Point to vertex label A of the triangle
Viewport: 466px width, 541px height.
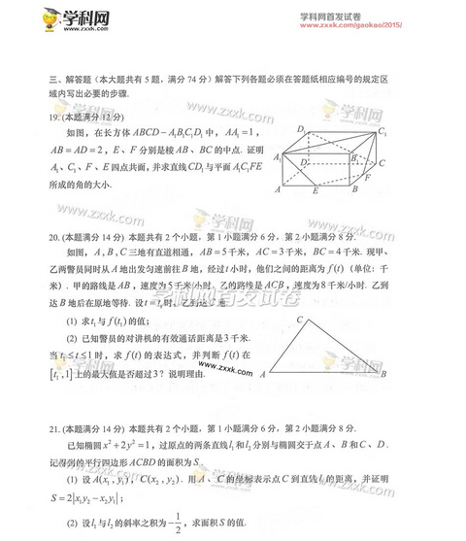264,374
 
